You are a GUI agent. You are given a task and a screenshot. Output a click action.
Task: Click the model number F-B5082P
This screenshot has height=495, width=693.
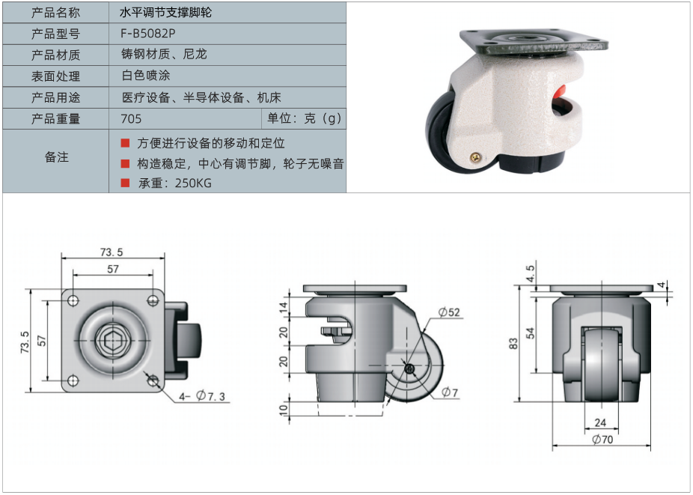(x=148, y=33)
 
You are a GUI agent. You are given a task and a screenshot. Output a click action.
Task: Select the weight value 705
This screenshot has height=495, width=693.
(x=131, y=118)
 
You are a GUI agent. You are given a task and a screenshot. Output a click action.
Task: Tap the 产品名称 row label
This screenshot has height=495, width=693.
(x=55, y=13)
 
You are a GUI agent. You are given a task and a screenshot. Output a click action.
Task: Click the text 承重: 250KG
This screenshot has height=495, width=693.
(x=175, y=183)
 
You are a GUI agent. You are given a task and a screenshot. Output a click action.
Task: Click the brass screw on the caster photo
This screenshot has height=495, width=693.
(x=476, y=157)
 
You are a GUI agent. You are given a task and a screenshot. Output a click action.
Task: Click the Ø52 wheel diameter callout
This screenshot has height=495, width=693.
(x=449, y=312)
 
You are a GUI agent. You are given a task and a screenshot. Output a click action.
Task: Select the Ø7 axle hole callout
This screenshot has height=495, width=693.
(x=450, y=392)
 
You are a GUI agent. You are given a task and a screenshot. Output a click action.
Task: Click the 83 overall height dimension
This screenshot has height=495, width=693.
(x=513, y=344)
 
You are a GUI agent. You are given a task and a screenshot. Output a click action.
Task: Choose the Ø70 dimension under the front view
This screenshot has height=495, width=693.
(x=602, y=440)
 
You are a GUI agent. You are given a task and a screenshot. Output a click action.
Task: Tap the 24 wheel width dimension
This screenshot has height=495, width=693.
(x=600, y=422)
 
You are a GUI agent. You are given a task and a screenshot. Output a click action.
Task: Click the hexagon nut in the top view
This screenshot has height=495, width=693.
(x=113, y=341)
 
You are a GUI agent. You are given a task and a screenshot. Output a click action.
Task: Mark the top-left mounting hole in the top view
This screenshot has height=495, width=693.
(x=73, y=301)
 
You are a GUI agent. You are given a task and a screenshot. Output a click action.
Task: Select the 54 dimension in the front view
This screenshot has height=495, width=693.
(x=531, y=333)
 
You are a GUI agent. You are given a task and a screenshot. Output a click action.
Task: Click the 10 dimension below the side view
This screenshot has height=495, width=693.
(x=284, y=410)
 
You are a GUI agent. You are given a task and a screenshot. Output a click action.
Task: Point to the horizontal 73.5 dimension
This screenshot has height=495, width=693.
(x=112, y=252)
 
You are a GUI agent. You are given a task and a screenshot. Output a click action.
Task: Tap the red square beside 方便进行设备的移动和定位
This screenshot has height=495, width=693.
(x=126, y=143)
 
